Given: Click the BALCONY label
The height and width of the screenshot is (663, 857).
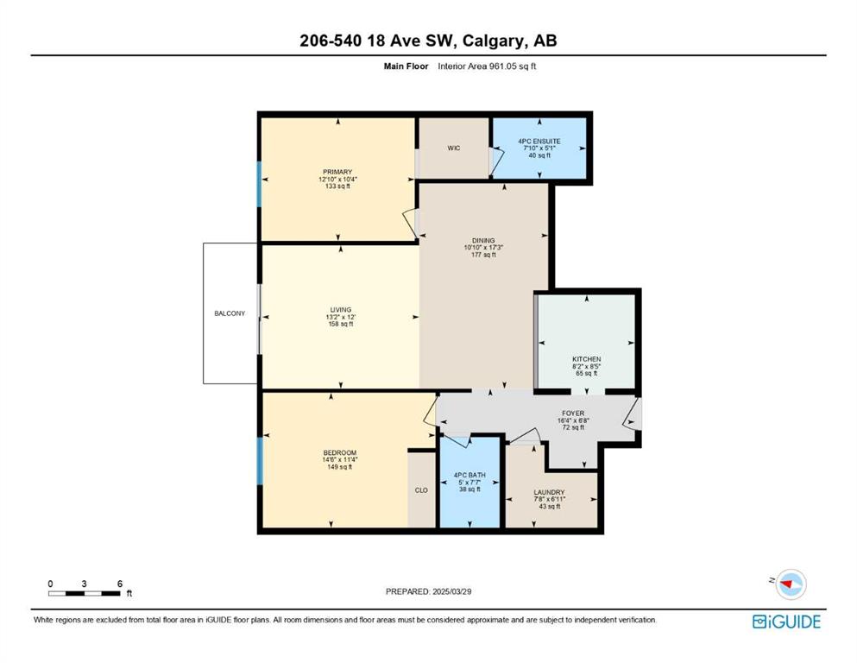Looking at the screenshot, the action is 230,313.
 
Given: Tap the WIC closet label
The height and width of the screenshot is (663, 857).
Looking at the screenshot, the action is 454,148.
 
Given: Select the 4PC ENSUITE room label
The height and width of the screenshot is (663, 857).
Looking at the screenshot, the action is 539,141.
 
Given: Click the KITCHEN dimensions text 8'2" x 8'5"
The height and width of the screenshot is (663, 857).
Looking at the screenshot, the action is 587,366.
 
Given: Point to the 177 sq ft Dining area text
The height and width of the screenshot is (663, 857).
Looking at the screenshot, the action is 483,255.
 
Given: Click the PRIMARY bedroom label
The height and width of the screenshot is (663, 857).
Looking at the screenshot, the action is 337,172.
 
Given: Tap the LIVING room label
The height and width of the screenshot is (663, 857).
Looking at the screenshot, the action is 341,309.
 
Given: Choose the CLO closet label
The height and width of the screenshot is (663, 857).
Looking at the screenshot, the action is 421,490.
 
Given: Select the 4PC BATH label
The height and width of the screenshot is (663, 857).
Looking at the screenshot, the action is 469,476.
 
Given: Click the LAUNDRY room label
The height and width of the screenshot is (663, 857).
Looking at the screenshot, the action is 549,492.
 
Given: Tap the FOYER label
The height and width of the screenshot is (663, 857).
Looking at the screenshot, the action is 573,414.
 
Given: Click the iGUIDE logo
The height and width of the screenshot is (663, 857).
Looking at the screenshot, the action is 786,622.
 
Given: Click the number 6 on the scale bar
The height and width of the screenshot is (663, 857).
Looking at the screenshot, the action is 120,584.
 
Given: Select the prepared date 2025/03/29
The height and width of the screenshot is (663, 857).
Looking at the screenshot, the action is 451,591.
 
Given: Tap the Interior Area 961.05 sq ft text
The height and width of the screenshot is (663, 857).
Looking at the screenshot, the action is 487,66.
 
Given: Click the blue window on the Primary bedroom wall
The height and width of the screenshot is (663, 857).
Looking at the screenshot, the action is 259,184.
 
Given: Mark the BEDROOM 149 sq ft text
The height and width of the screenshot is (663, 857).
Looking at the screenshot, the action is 339,467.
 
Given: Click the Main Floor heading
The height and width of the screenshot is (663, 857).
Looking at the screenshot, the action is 406,66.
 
